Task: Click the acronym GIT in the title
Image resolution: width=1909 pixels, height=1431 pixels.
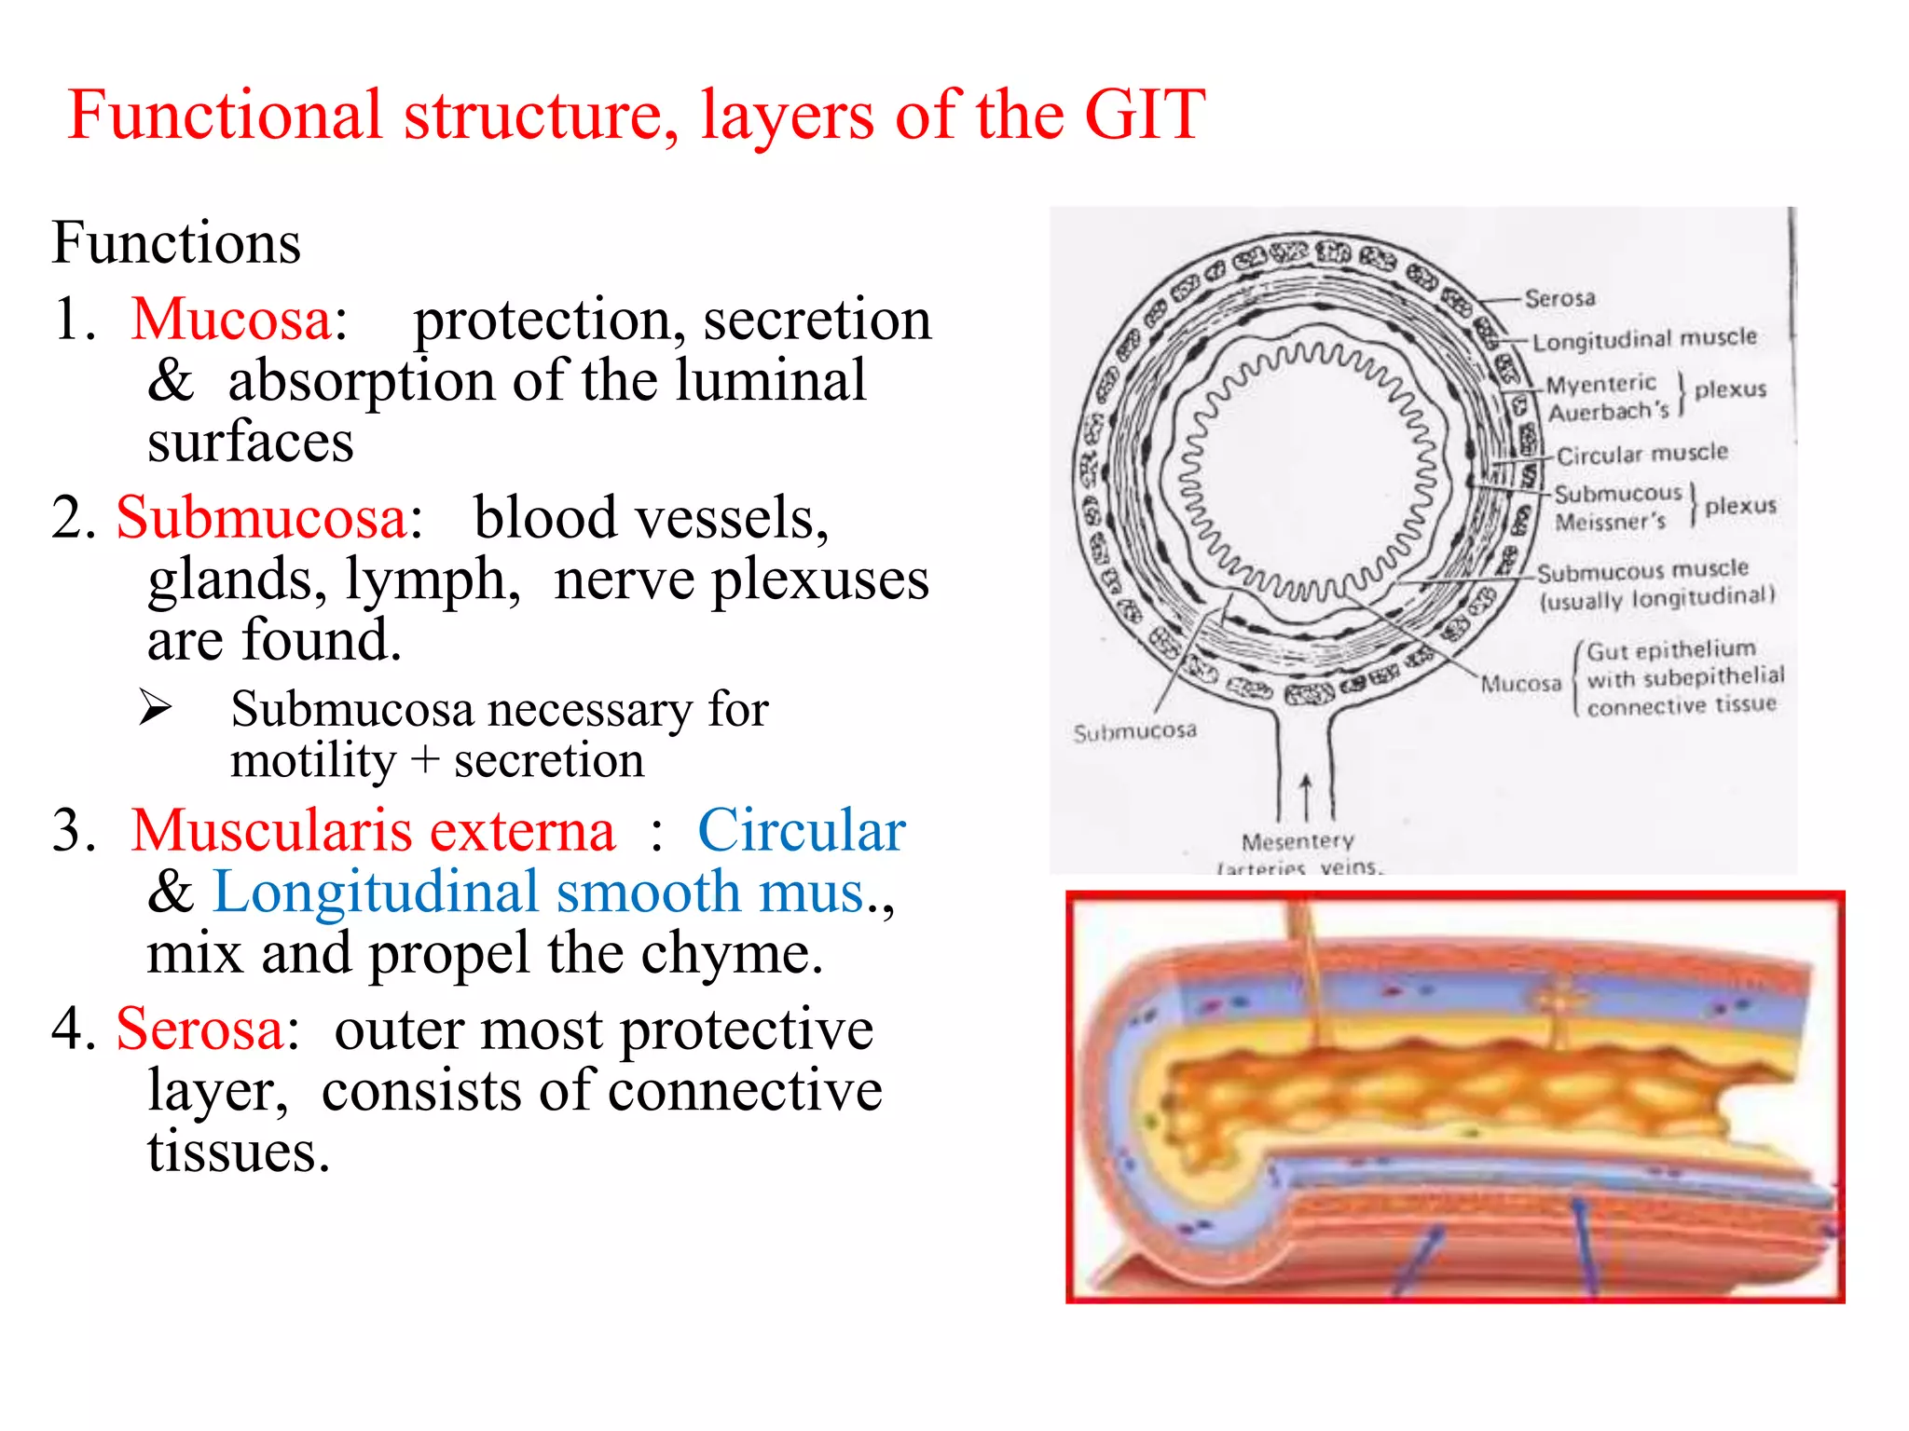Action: coord(1145,115)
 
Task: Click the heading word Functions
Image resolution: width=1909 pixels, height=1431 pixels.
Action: coord(176,243)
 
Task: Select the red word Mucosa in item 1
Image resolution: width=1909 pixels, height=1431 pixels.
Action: coord(231,320)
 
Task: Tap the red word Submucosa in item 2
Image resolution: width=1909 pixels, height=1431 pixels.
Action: coord(262,518)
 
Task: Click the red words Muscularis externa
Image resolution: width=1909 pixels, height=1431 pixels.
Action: coord(373,830)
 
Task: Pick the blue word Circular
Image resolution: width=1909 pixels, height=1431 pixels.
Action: coord(801,830)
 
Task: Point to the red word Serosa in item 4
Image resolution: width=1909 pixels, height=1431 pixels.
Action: coord(199,1029)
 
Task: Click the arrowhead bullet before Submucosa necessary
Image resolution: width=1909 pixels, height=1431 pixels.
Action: coord(156,707)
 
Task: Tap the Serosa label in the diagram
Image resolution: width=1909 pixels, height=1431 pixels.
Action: coord(1559,298)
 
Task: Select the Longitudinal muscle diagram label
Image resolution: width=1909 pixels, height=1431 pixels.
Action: coord(1644,339)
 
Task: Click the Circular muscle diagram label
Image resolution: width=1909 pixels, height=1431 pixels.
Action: coord(1641,455)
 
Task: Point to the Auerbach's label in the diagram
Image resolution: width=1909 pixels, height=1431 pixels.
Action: coord(1608,411)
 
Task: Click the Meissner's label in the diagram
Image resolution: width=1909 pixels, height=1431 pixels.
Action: coord(1610,522)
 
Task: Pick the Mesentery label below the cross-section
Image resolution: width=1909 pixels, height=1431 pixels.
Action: coord(1298,842)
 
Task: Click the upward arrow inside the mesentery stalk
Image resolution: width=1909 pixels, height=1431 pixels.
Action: coord(1306,797)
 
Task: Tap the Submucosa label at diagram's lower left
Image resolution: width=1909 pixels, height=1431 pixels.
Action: coord(1134,732)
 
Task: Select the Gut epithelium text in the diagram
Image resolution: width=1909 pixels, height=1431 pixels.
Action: coord(1670,649)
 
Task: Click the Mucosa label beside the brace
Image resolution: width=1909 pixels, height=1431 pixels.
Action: coord(1520,684)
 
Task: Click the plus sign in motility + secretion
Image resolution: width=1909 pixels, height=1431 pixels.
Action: coord(425,760)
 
